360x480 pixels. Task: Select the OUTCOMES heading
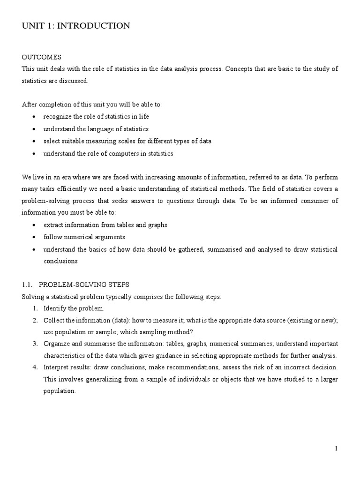click(42, 57)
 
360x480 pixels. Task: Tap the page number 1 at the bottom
click(336, 449)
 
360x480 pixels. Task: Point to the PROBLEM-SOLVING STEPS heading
click(84, 285)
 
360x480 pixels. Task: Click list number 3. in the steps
click(35, 344)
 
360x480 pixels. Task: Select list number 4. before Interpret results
click(35, 367)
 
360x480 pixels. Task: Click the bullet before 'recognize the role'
click(35, 117)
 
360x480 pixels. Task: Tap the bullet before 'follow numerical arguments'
click(35, 237)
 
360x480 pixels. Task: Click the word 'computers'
click(105, 153)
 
